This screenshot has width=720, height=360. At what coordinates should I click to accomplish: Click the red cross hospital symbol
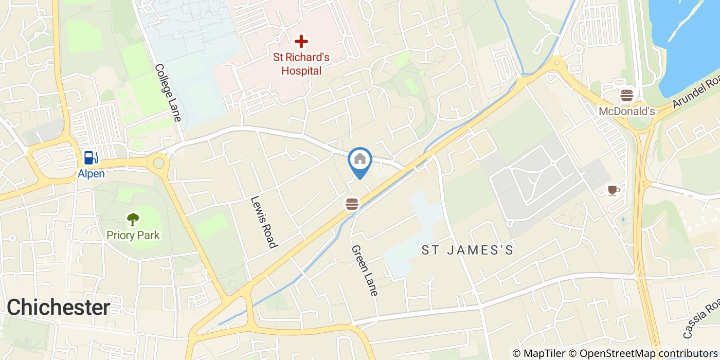coord(301,41)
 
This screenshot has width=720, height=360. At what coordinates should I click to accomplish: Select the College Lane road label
coord(168,93)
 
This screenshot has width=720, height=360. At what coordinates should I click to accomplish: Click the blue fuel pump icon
coord(91,157)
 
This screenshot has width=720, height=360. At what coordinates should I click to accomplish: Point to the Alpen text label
coord(91,174)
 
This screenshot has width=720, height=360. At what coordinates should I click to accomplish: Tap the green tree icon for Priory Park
coord(133,220)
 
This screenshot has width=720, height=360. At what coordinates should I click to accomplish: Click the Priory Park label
coord(133,236)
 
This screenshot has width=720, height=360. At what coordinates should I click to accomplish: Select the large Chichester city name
coord(58,308)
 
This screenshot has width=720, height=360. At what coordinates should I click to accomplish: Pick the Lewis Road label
coord(264,222)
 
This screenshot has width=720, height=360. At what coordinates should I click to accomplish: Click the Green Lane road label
coord(365,270)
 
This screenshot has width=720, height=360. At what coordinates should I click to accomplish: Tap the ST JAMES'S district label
coord(467,250)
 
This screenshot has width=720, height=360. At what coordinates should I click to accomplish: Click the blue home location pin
coord(360,160)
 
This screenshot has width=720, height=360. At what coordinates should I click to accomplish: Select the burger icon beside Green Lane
coord(352,204)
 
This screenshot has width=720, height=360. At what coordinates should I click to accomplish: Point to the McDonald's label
coord(626,112)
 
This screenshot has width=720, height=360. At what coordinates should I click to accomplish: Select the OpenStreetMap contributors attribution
coord(649,353)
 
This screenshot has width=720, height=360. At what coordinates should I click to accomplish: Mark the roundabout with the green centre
coord(159,164)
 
